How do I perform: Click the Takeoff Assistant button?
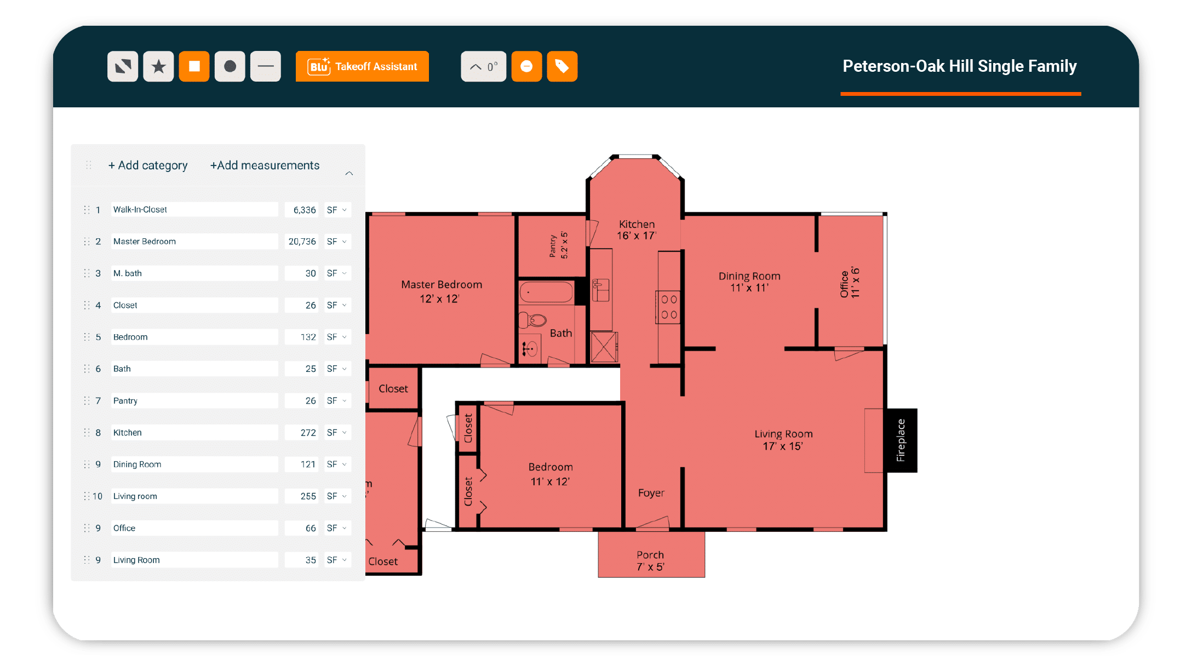pyautogui.click(x=362, y=66)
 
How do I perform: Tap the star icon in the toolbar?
pyautogui.click(x=158, y=66)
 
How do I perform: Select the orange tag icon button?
pyautogui.click(x=562, y=66)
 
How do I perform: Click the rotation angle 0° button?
pyautogui.click(x=483, y=66)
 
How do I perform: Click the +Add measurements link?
pyautogui.click(x=265, y=165)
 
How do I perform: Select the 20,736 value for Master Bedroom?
pyautogui.click(x=302, y=242)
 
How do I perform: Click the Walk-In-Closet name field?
pyautogui.click(x=194, y=210)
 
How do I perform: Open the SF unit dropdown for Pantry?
pyautogui.click(x=336, y=401)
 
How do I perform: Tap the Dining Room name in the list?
pyautogui.click(x=137, y=464)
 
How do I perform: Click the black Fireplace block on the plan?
pyautogui.click(x=901, y=440)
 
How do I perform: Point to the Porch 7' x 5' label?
pyautogui.click(x=650, y=561)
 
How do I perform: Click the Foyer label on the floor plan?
pyautogui.click(x=651, y=493)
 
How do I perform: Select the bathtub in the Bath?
pyautogui.click(x=546, y=292)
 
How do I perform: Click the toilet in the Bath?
pyautogui.click(x=533, y=319)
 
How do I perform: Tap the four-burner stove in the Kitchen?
pyautogui.click(x=668, y=307)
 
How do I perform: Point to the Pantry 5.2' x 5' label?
pyautogui.click(x=558, y=245)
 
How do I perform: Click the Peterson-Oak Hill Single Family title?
pyautogui.click(x=960, y=66)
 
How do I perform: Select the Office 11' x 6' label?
pyautogui.click(x=850, y=283)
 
